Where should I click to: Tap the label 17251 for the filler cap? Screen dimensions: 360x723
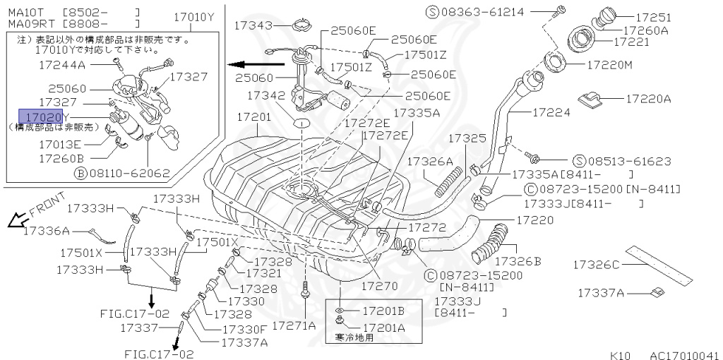pyautogui.click(x=653, y=17)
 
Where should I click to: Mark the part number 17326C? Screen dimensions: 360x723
pyautogui.click(x=595, y=265)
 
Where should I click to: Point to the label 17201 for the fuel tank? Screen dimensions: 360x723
pyautogui.click(x=253, y=116)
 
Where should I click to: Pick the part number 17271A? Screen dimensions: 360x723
pyautogui.click(x=294, y=325)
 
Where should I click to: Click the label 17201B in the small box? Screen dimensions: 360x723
pyautogui.click(x=383, y=311)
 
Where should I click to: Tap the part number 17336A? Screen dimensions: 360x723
pyautogui.click(x=46, y=231)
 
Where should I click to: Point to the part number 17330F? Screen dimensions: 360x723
pyautogui.click(x=244, y=328)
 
